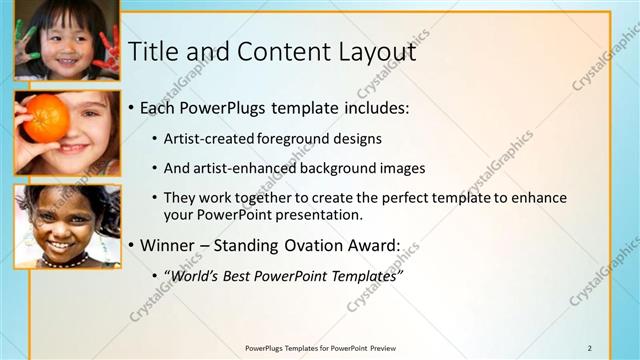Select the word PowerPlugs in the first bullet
pos(226,107)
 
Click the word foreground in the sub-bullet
pos(295,138)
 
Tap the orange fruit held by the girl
pos(46,118)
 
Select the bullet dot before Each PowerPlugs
pos(131,108)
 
